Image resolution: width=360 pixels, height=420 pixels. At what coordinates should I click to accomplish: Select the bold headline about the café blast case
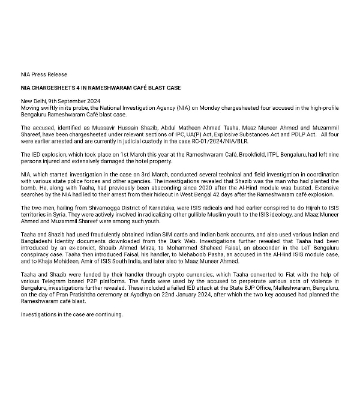101,88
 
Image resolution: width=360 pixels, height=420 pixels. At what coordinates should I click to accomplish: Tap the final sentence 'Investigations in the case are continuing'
71,314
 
